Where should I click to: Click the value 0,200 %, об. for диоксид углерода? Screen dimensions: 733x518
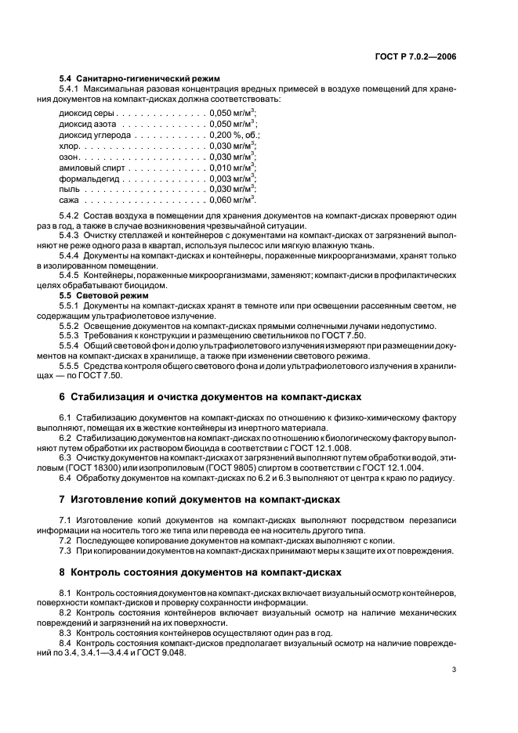click(x=234, y=135)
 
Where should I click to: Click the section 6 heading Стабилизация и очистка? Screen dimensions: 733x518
click(x=210, y=397)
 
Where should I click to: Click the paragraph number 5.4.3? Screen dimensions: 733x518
click(x=71, y=234)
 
